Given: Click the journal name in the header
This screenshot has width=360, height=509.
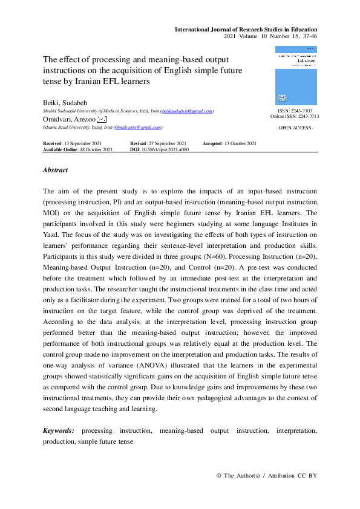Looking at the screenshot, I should pyautogui.click(x=246, y=30).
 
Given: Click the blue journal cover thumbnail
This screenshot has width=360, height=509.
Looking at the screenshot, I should pyautogui.click(x=296, y=76).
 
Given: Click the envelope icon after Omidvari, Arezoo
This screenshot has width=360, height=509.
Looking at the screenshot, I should pyautogui.click(x=110, y=120).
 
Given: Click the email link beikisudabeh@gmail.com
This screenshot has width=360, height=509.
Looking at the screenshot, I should pyautogui.click(x=187, y=111).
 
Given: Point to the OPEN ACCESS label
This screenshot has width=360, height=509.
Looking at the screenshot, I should pyautogui.click(x=295, y=128).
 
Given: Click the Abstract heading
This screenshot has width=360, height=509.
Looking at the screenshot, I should pyautogui.click(x=55, y=170).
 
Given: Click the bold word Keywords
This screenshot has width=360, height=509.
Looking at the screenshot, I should pyautogui.click(x=59, y=430).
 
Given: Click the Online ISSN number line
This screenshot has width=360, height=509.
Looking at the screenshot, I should pyautogui.click(x=295, y=116).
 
